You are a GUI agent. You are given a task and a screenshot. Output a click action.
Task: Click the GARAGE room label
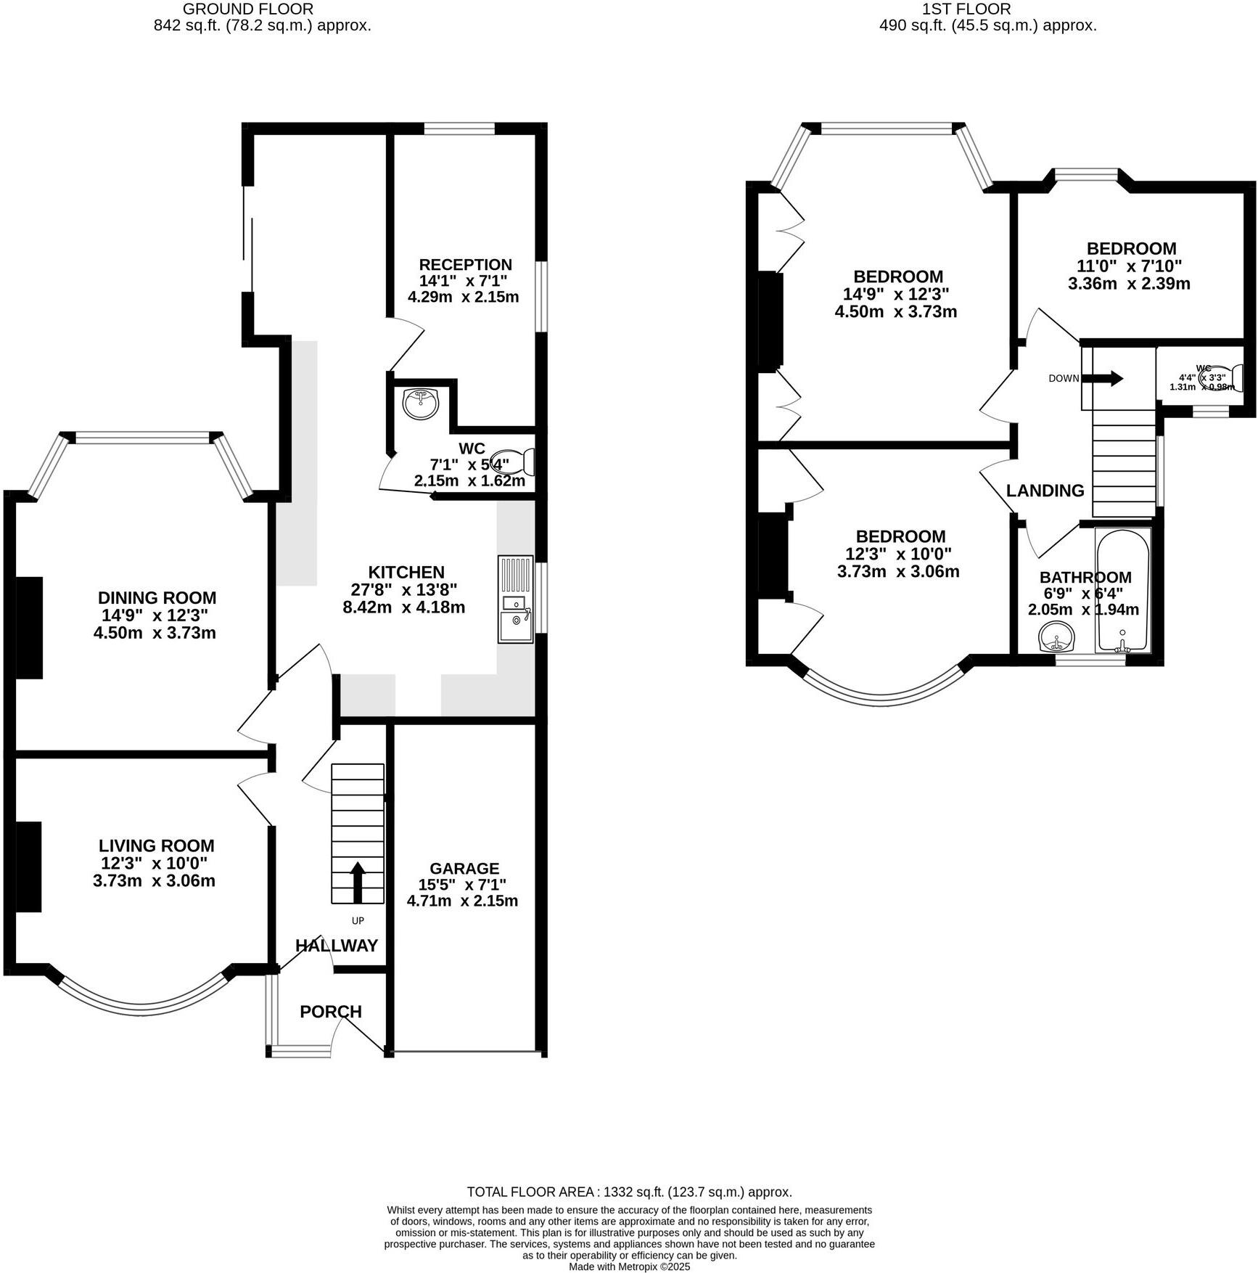(x=464, y=869)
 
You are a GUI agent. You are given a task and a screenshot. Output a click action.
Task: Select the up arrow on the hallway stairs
(x=358, y=881)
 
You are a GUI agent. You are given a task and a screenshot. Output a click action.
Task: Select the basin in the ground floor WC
(x=421, y=403)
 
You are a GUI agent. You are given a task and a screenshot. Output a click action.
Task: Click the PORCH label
(x=331, y=1012)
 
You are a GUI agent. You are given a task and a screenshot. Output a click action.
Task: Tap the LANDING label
(x=1045, y=491)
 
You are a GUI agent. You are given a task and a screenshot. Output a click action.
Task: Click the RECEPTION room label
(x=465, y=265)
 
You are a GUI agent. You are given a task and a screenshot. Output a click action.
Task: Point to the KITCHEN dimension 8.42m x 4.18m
(x=403, y=607)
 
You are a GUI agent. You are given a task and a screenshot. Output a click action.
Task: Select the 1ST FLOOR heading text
(x=966, y=9)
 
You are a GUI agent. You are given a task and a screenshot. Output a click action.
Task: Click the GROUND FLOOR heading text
(x=248, y=9)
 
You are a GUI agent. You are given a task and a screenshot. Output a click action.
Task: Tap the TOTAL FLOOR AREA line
(x=629, y=1192)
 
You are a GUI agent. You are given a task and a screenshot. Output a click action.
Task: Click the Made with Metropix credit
(x=629, y=1266)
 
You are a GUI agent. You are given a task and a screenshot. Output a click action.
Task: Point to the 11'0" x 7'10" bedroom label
(x=1130, y=266)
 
